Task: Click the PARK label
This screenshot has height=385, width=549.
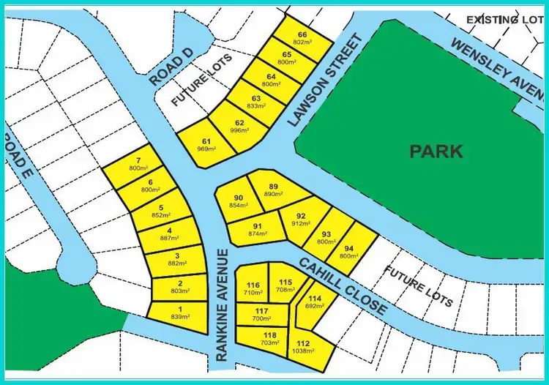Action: (436, 152)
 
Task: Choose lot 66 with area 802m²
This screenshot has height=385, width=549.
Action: (302, 38)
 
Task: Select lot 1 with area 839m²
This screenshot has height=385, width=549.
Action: (179, 313)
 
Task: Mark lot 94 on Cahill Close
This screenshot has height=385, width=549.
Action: (349, 252)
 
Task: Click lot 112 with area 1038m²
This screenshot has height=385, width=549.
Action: (304, 348)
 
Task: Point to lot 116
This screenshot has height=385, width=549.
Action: (253, 288)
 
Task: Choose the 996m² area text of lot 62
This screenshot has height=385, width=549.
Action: (239, 130)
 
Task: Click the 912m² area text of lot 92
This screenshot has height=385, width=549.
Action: (300, 223)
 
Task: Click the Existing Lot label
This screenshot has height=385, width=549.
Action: (504, 18)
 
